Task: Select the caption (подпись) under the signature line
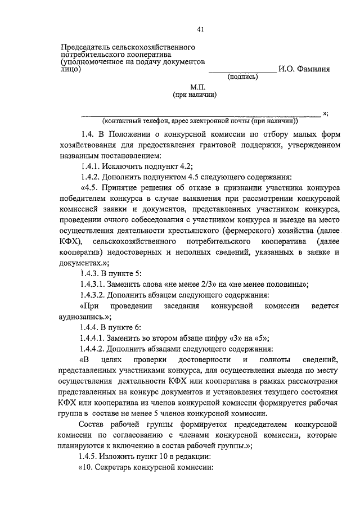coord(242,79)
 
